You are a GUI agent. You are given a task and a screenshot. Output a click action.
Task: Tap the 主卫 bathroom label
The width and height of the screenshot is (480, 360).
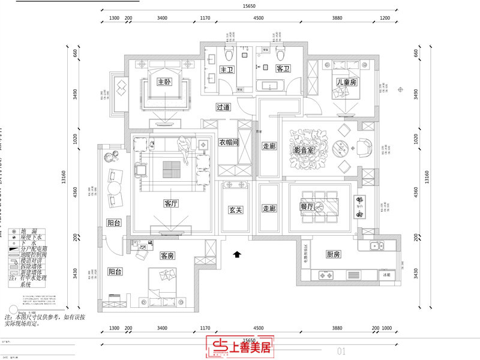click(226, 70)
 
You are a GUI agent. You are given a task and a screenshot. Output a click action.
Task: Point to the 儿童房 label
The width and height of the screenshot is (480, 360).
click(346, 82)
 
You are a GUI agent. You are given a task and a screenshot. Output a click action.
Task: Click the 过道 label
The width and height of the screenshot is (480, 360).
click(223, 107)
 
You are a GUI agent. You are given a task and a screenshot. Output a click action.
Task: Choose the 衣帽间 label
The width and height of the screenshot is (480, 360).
click(229, 143)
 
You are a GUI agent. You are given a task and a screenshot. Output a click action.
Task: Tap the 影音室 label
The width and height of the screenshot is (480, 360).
click(304, 150)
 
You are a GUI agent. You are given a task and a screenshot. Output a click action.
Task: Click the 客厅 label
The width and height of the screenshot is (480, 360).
click(171, 203)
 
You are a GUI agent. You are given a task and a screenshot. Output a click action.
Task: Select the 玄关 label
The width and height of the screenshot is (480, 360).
click(235, 210)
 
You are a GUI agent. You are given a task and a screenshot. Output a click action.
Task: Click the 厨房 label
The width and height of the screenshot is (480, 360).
click(334, 254)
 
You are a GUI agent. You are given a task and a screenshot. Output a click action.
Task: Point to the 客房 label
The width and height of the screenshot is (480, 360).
click(167, 256)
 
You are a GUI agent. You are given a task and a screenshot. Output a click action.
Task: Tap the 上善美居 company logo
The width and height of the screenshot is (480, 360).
click(240, 347)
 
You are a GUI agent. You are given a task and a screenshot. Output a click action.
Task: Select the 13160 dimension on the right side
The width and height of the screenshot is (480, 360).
click(427, 176)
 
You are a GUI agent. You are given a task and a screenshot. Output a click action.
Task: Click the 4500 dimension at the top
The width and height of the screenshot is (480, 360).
click(259, 19)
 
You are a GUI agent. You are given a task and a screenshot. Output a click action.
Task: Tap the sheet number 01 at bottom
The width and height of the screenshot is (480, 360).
click(342, 350)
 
